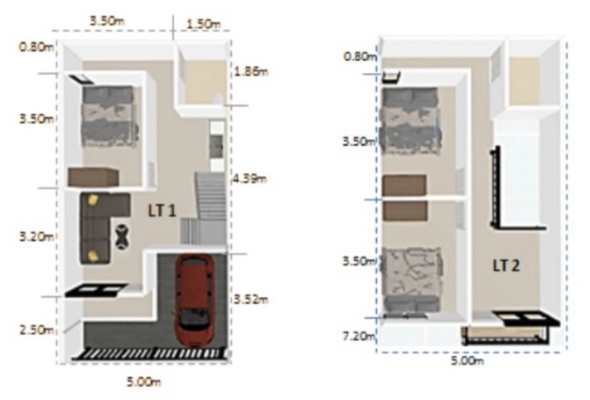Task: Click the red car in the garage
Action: pos(194,301)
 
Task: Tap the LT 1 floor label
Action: pos(162,211)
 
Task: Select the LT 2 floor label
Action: pos(506,266)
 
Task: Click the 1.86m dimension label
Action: pos(251,71)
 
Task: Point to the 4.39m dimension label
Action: pos(249,178)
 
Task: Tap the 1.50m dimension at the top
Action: pos(204,24)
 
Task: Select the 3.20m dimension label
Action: pos(36,237)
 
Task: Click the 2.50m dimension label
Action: pos(36,330)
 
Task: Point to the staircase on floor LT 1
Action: pos(204,208)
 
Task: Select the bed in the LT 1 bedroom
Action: pos(108,116)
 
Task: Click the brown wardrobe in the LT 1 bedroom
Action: pos(94,177)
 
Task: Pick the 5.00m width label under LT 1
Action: pos(145,382)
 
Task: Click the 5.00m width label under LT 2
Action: pos(468,361)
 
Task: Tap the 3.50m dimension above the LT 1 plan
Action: pos(107,21)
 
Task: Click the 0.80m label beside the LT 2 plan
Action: pos(360,57)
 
